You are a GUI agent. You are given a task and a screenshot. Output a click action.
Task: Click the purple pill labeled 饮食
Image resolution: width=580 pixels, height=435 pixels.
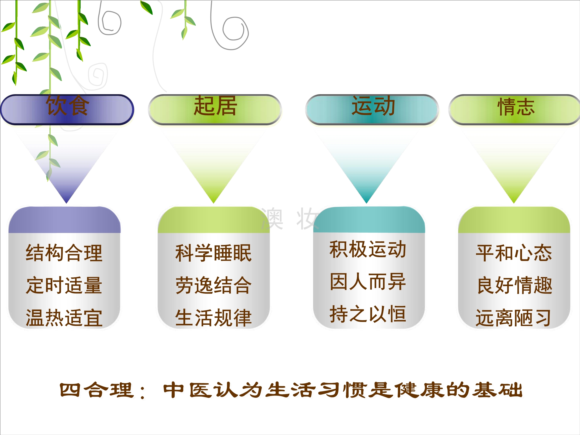point(67,110)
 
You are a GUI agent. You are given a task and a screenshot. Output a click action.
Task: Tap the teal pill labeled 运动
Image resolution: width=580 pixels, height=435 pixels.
point(372,110)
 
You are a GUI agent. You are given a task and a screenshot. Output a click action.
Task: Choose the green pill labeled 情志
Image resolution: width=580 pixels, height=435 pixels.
point(515,110)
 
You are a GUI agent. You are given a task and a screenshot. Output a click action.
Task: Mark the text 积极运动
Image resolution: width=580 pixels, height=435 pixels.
point(368,249)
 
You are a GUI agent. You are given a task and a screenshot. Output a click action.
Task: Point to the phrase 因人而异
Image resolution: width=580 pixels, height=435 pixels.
point(368,282)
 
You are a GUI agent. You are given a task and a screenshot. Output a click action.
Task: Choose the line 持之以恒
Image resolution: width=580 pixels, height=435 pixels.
point(368,314)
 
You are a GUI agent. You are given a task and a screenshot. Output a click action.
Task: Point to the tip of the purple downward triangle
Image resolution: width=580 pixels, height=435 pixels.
point(66,203)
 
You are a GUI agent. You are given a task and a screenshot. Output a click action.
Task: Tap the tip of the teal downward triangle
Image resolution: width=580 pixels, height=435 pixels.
point(366,203)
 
